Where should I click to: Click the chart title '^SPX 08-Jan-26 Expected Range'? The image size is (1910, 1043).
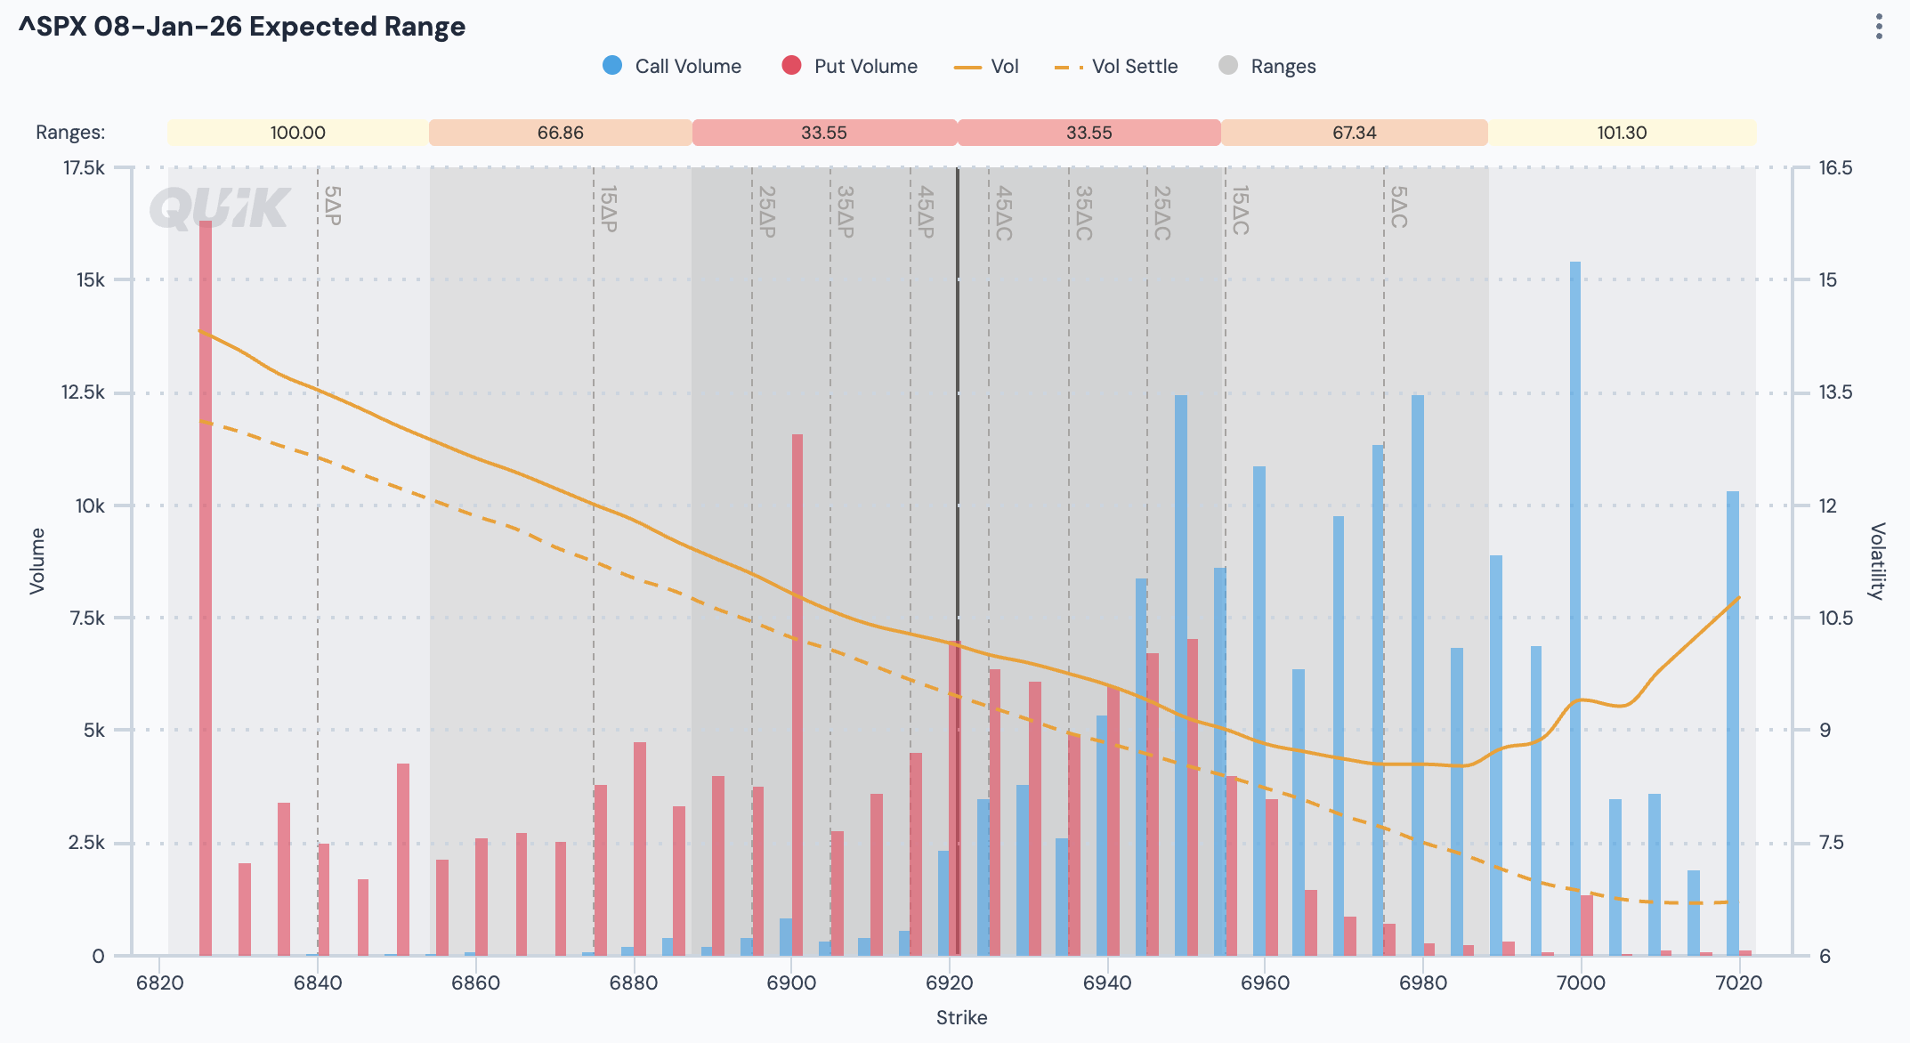click(x=242, y=27)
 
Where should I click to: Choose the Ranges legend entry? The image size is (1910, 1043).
click(x=1267, y=66)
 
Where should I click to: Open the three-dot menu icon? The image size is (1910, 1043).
click(x=1879, y=27)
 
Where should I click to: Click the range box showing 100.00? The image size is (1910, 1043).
click(x=297, y=133)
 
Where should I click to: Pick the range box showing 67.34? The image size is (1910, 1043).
click(x=1354, y=133)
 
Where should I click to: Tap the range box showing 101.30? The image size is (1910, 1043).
click(x=1622, y=133)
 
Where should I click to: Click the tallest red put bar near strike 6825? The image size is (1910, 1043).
click(x=206, y=587)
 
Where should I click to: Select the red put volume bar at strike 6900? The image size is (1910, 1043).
click(x=797, y=694)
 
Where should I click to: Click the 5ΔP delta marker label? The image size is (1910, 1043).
click(x=332, y=206)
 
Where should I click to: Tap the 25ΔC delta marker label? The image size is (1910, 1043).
click(x=1161, y=213)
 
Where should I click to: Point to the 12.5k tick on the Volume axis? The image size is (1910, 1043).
click(x=82, y=392)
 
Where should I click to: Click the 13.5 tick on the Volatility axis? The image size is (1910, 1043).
click(x=1835, y=392)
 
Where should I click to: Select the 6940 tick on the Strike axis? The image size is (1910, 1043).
click(x=1107, y=982)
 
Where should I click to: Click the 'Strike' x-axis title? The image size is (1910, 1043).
click(x=961, y=1017)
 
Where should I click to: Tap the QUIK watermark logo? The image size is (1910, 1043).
click(x=220, y=208)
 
